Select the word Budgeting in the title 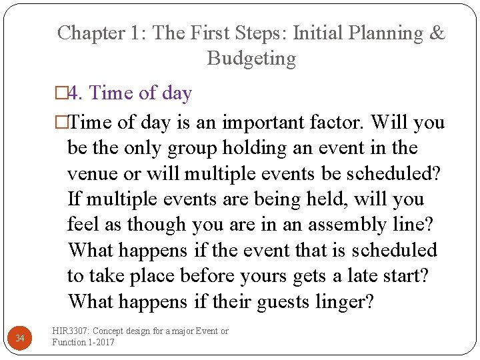(251, 59)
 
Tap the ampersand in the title (437, 33)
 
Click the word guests (275, 301)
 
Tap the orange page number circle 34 (20, 339)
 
